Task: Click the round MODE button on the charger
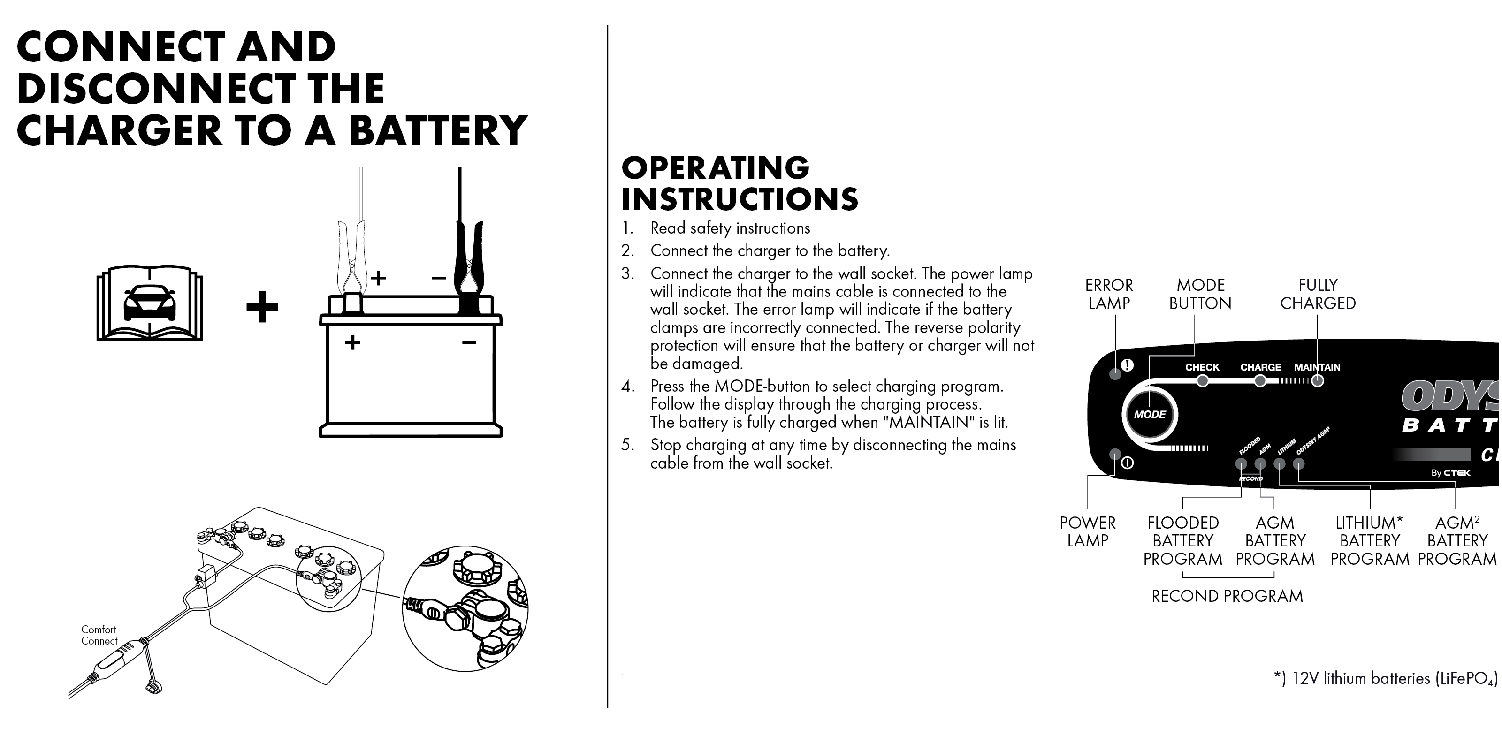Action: tap(1149, 415)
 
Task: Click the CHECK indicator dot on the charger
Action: tap(1202, 381)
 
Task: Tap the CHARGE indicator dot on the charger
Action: tap(1260, 381)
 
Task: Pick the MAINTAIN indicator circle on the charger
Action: tap(1317, 381)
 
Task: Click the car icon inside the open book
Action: tap(150, 303)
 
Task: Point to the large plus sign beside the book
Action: tap(262, 307)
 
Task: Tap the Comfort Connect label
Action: tap(99, 635)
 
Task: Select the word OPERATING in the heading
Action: tap(716, 168)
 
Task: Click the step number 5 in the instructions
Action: tap(627, 445)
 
